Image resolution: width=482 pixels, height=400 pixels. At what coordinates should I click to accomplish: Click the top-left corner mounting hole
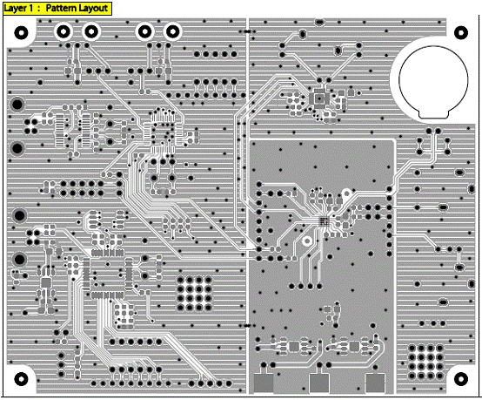point(21,32)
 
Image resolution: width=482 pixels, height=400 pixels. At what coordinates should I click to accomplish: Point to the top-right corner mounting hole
point(461,32)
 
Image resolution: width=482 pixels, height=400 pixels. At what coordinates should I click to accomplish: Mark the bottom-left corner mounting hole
point(21,379)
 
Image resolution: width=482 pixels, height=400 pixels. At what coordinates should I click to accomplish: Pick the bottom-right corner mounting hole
point(461,379)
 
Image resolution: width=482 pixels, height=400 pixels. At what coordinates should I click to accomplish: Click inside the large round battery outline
point(433,81)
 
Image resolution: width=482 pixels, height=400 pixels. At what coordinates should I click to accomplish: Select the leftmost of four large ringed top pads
point(64,31)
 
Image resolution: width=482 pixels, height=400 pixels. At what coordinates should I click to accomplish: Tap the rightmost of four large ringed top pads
point(172,31)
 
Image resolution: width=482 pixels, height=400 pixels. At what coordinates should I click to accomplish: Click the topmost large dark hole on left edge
point(17,105)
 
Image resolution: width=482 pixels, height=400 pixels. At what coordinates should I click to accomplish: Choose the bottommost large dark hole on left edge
point(19,260)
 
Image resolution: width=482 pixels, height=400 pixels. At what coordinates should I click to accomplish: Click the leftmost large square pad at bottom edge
point(264,383)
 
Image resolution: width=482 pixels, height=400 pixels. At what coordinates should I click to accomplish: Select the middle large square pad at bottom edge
point(319,383)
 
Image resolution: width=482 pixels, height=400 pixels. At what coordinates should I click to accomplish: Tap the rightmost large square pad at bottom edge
point(375,383)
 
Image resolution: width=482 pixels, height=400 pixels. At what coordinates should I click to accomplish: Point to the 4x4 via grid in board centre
point(194,294)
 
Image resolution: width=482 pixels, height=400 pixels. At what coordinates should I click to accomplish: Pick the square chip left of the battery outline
point(319,98)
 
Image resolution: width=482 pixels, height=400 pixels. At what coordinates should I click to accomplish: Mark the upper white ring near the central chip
point(346,193)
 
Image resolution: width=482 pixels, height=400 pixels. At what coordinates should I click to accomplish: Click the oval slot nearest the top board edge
point(319,22)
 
